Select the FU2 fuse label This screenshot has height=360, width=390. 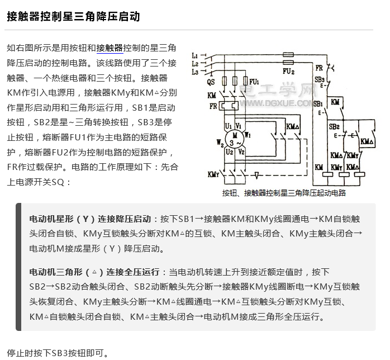(288, 72)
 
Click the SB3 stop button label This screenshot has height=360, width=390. (320, 80)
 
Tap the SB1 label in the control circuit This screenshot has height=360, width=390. (318, 104)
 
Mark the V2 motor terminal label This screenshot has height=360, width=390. (241, 151)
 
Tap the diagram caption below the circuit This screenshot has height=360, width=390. (284, 193)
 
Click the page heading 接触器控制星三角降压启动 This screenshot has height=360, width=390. (73, 17)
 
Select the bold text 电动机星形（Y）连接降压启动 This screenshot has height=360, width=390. (90, 218)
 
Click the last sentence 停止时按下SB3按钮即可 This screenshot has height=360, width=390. (58, 353)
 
